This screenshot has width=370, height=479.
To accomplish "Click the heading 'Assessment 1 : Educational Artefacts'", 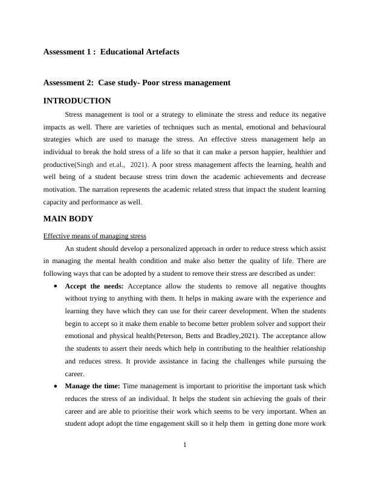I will tap(111, 52).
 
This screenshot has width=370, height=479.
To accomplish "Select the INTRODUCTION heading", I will tap(77, 101).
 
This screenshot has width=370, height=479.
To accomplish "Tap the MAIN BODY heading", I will tap(68, 218).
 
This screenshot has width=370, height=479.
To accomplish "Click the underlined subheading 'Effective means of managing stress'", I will tap(94, 235).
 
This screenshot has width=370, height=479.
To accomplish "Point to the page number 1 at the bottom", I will tap(184, 446).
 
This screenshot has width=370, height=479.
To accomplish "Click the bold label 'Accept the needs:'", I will tap(94, 286).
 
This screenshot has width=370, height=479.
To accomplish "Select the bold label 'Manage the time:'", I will tap(92, 386).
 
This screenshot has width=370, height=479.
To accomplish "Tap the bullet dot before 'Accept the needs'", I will tap(56, 286).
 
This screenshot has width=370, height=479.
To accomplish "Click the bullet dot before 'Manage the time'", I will tap(56, 386).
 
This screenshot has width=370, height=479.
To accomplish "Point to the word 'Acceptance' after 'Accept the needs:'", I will tap(148, 286).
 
